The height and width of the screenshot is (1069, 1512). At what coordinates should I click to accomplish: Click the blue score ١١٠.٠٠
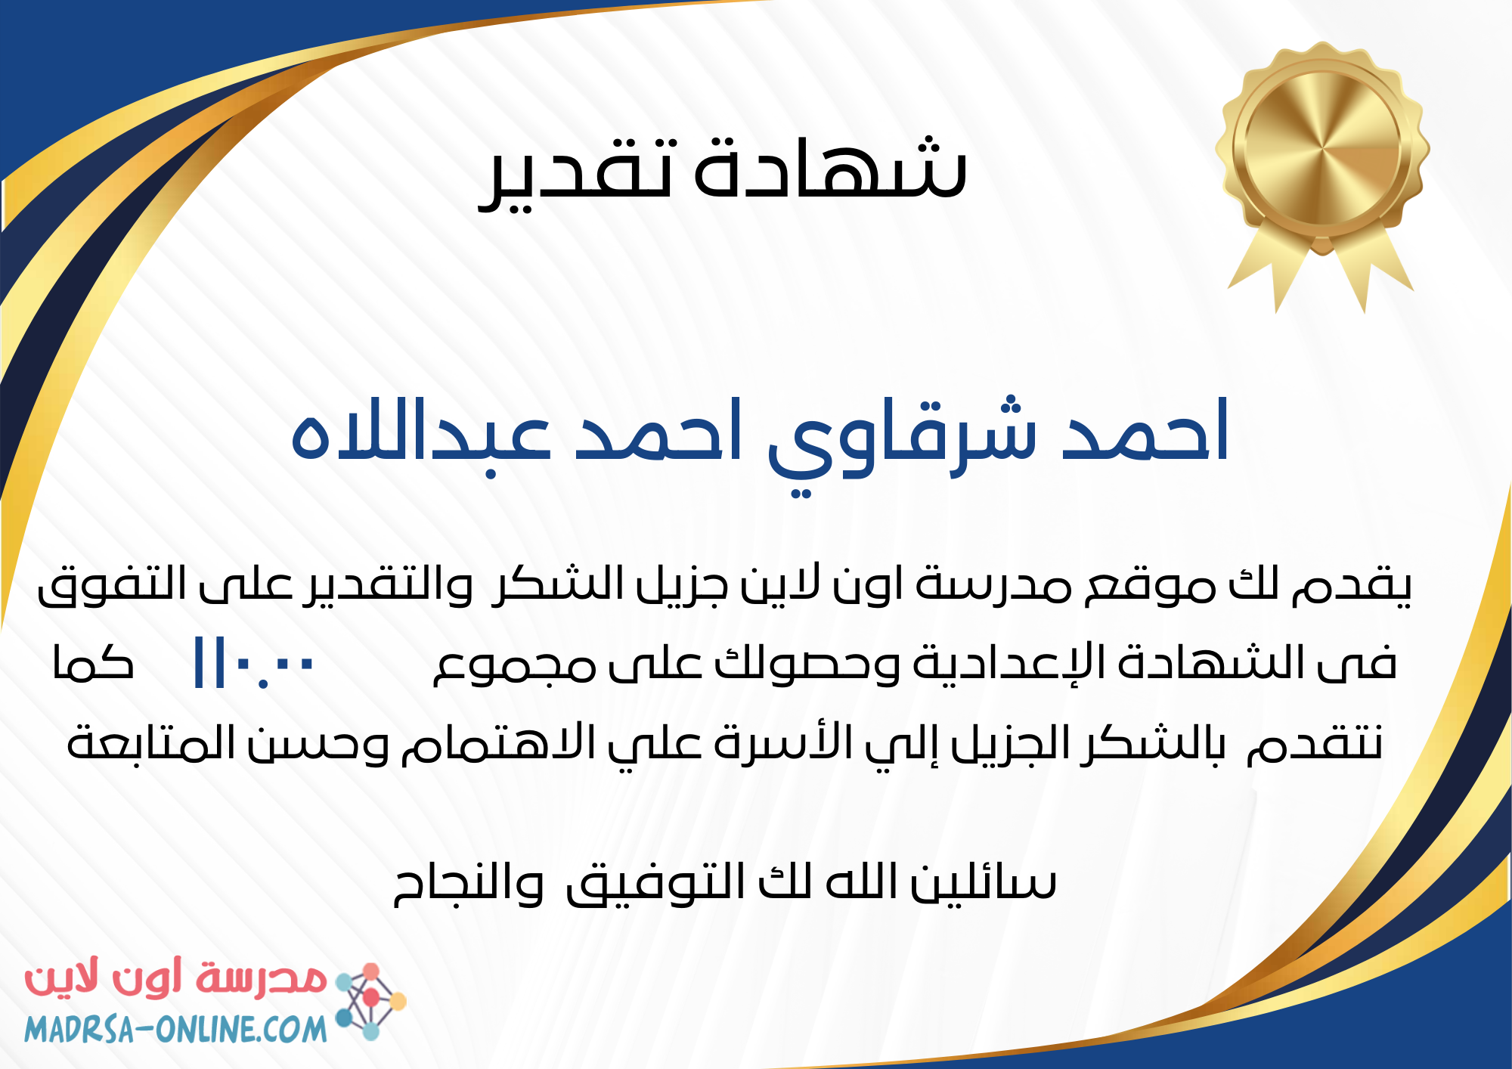(x=254, y=664)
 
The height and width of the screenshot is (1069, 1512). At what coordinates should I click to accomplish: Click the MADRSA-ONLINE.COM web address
(x=175, y=1029)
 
